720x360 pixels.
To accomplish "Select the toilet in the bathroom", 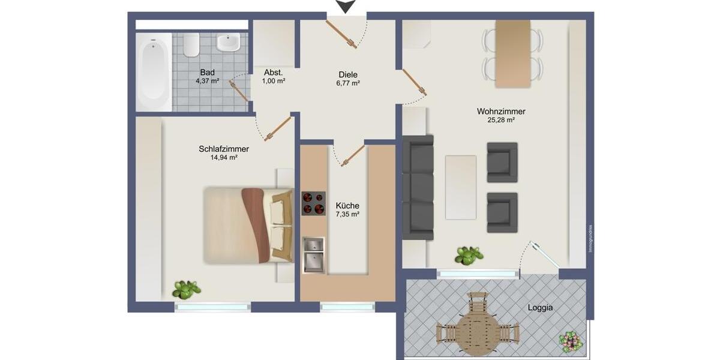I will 191,44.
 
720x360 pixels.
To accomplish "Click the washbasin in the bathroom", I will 227,42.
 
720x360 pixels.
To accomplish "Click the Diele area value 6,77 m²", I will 348,84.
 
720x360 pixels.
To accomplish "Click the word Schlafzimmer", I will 224,149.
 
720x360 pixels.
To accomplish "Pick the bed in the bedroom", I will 247,225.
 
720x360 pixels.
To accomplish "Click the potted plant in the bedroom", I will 186,290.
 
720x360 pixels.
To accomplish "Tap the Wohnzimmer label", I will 501,111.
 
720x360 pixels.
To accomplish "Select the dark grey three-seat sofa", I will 418,188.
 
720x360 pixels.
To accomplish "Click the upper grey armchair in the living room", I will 502,162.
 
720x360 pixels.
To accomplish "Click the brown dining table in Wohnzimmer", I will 512,53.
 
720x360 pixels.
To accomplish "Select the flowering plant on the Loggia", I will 570,341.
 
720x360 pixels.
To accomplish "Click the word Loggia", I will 540,307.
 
